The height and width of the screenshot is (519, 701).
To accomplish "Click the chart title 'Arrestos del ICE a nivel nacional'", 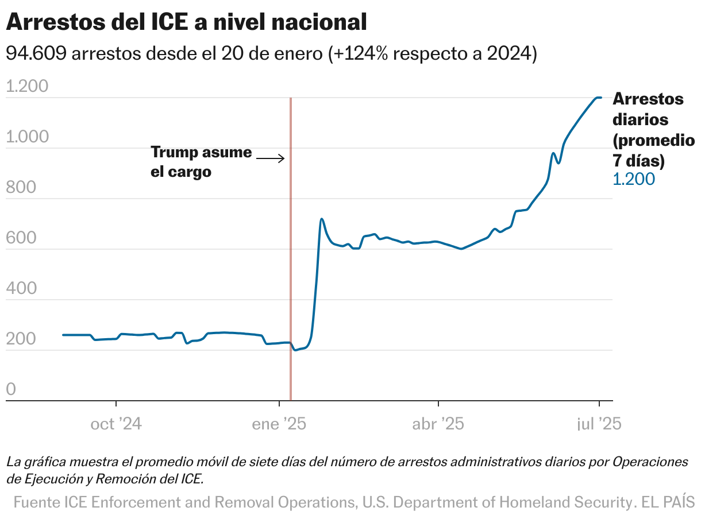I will [x=186, y=22].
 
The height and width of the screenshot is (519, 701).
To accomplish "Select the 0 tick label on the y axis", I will [x=11, y=390].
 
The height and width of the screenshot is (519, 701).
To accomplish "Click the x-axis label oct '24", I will [x=116, y=424].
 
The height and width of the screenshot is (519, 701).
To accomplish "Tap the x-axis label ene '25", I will [x=279, y=424].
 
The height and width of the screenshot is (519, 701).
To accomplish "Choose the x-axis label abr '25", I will [x=438, y=424].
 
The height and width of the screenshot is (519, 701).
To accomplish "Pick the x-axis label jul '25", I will [x=599, y=424].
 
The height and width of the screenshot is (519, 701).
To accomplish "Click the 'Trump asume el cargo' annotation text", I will [x=201, y=162].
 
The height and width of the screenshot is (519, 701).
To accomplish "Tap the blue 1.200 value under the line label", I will [x=634, y=179].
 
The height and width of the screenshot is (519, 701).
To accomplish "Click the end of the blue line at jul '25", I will [x=600, y=98].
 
